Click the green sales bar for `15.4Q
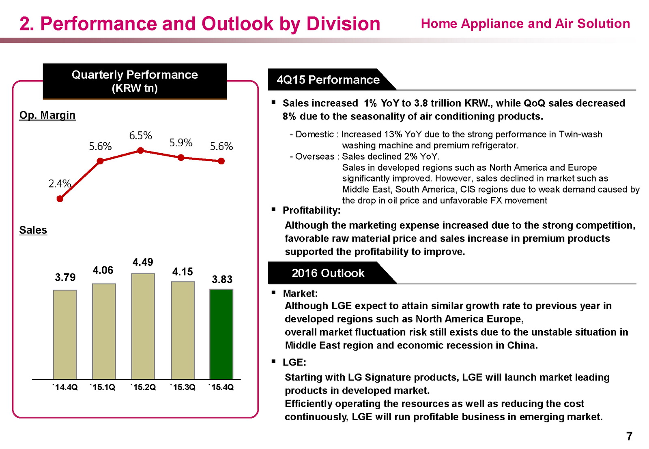[x=221, y=334]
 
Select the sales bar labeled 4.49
[x=143, y=326]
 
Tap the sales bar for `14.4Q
[x=65, y=334]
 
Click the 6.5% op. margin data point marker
[x=140, y=150]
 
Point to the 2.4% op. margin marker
[x=60, y=199]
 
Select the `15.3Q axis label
[x=183, y=387]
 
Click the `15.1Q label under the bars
[x=103, y=387]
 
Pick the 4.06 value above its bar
[x=103, y=270]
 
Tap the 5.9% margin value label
[x=181, y=143]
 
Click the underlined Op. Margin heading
[x=47, y=115]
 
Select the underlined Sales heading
[x=33, y=230]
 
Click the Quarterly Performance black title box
[x=135, y=81]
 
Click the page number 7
[x=629, y=436]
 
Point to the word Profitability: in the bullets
[x=312, y=210]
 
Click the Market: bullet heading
[x=300, y=293]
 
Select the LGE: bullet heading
[x=294, y=362]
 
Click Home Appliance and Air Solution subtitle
[x=525, y=24]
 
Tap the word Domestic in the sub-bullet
[x=314, y=134]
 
